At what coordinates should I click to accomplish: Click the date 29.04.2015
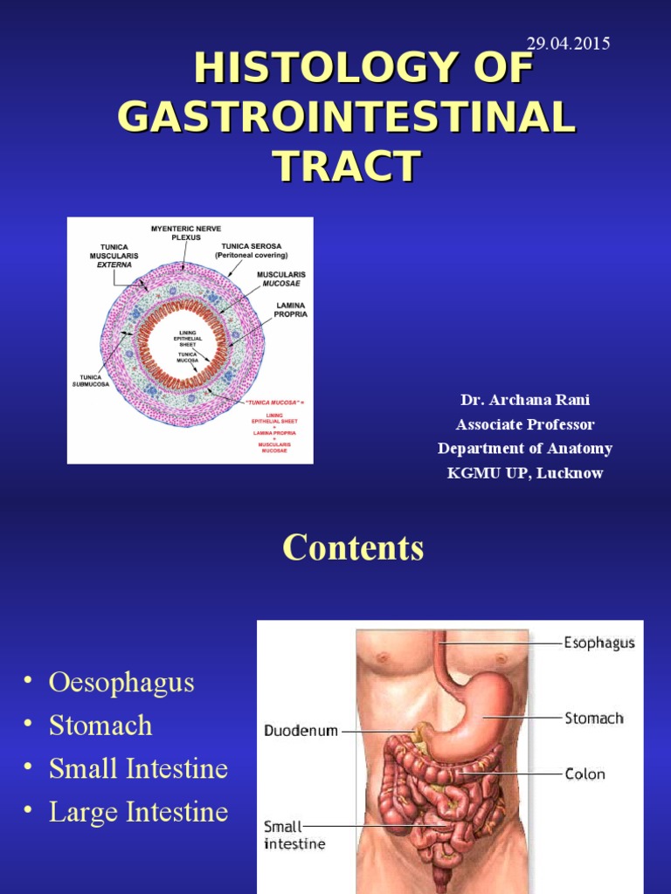[x=568, y=43]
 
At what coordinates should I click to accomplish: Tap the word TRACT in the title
[x=346, y=165]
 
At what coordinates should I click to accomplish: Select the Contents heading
[x=353, y=548]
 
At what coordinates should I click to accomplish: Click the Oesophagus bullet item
[x=121, y=682]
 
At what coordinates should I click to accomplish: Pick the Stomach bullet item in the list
[x=100, y=726]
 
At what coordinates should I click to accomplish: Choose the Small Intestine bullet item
[x=138, y=769]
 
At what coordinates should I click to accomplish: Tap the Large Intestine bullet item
[x=138, y=813]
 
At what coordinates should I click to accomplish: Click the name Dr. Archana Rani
[x=525, y=400]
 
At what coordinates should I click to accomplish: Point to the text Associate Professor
[x=525, y=424]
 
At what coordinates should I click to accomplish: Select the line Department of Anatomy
[x=525, y=449]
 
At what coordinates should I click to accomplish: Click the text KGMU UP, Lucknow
[x=525, y=473]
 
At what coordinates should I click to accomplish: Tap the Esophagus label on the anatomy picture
[x=598, y=643]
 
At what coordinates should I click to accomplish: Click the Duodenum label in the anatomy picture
[x=301, y=731]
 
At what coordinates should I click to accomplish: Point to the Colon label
[x=585, y=774]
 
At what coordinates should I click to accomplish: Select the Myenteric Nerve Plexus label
[x=186, y=232]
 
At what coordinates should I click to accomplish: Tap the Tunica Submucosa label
[x=91, y=381]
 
